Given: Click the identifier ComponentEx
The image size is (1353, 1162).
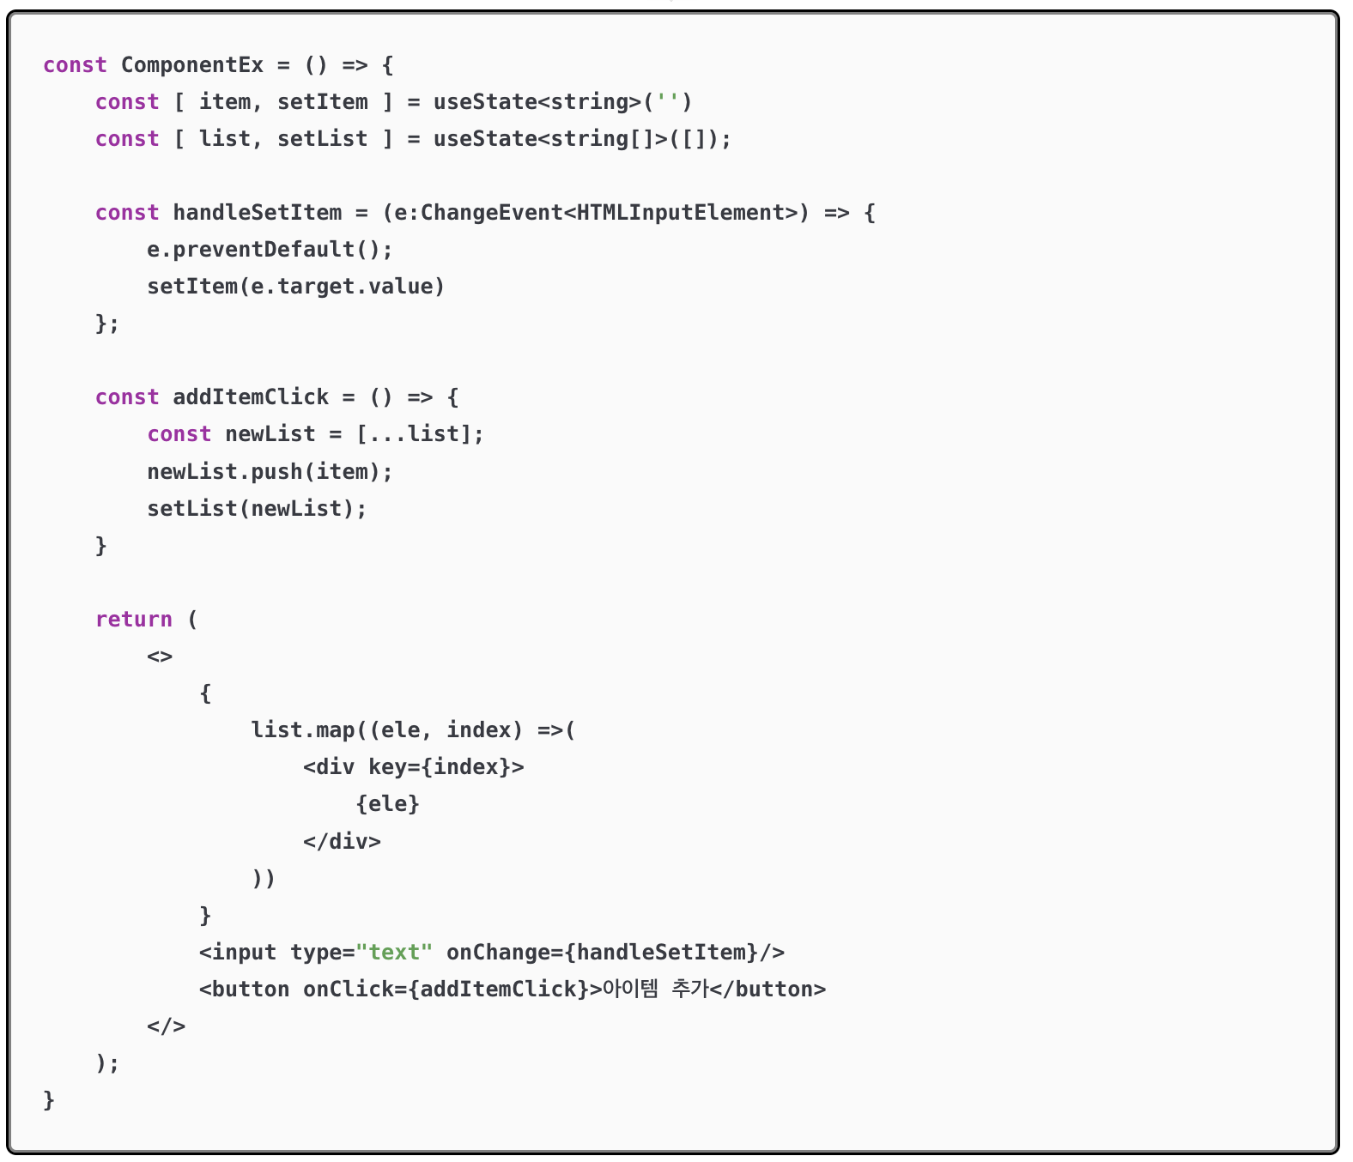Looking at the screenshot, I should click(191, 65).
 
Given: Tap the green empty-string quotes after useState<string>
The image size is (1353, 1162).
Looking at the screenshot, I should click(667, 102).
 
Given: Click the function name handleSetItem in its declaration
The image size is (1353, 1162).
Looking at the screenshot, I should click(257, 213).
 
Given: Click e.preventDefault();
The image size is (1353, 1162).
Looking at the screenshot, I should click(270, 250).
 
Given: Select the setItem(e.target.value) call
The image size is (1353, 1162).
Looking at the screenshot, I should click(295, 287).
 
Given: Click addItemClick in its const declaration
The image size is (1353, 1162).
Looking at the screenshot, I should click(251, 397).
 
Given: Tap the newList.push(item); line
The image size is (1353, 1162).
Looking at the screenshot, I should click(270, 472).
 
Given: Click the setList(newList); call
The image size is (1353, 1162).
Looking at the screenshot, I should click(257, 509).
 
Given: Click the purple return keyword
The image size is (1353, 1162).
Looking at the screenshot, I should click(133, 620).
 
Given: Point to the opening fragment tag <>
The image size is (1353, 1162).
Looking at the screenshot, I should click(160, 657).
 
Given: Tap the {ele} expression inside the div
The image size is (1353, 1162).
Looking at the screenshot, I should click(387, 804).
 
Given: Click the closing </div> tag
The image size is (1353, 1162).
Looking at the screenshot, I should click(342, 841).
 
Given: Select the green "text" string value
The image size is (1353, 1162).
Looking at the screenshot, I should click(394, 953).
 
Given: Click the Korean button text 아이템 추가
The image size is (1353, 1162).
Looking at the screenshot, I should click(655, 990).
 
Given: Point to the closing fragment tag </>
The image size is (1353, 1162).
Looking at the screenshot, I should click(166, 1026).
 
